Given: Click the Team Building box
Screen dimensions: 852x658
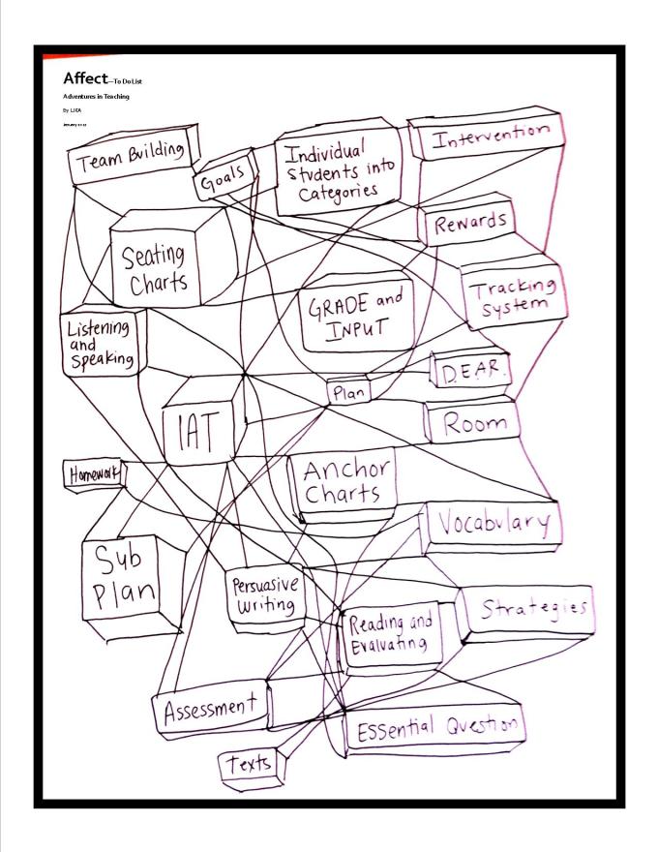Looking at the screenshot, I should tap(134, 160).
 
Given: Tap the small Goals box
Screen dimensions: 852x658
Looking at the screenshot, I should tap(228, 180).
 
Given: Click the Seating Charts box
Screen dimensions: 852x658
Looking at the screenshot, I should tap(155, 272).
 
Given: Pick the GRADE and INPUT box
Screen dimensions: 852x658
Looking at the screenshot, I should tap(355, 317).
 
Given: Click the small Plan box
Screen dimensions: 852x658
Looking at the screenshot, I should tap(347, 392).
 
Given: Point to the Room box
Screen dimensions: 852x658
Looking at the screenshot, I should tap(474, 422).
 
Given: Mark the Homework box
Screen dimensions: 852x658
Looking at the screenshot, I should tap(94, 474).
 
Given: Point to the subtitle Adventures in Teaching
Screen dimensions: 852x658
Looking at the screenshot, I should tap(96, 96).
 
